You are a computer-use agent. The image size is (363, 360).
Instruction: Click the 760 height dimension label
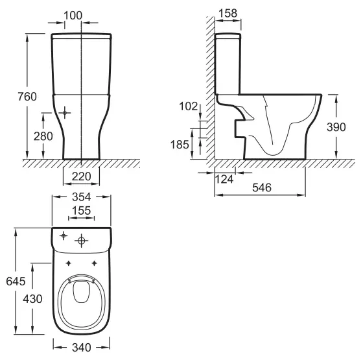click(x=27, y=97)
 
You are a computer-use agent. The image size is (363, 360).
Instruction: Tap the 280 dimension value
click(x=43, y=136)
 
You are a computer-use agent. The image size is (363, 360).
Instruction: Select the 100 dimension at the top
click(x=73, y=16)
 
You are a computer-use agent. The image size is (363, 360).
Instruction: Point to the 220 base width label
click(x=81, y=176)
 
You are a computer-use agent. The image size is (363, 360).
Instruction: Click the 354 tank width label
click(x=82, y=197)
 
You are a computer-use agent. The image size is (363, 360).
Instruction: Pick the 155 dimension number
click(x=82, y=211)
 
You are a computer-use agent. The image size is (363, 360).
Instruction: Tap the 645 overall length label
click(x=16, y=282)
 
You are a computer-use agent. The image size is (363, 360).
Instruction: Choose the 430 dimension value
click(x=32, y=299)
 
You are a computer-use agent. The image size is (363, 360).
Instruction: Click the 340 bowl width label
click(x=82, y=348)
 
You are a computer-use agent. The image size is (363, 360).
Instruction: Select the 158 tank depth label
click(x=228, y=13)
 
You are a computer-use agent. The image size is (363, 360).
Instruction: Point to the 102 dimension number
click(x=189, y=106)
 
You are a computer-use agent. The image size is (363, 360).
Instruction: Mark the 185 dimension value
click(x=180, y=145)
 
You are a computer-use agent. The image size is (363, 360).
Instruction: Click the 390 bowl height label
click(x=336, y=127)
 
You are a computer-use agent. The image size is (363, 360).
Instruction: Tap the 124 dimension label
click(x=224, y=179)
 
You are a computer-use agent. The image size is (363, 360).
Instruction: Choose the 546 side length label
click(x=262, y=187)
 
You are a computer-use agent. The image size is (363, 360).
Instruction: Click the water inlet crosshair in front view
click(x=65, y=113)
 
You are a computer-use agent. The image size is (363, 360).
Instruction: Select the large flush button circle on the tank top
click(x=82, y=241)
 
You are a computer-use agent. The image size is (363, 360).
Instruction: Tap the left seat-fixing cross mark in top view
click(x=68, y=263)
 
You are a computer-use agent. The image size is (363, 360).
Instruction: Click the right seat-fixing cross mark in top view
click(x=94, y=263)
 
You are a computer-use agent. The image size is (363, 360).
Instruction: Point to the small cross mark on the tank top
click(x=64, y=236)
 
